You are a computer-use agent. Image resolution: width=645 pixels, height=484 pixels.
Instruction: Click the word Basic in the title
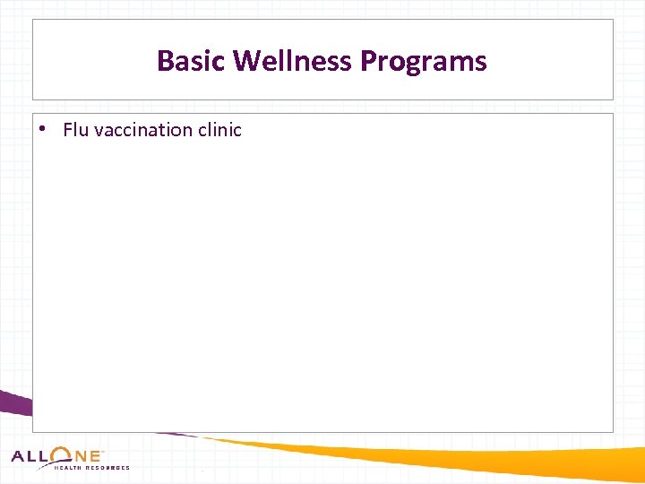pyautogui.click(x=191, y=61)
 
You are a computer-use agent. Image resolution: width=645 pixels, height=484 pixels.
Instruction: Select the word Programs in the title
pyautogui.click(x=424, y=61)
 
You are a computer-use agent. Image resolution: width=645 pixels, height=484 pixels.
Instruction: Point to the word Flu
pyautogui.click(x=75, y=130)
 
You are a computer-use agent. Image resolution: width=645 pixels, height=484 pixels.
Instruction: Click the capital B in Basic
pyautogui.click(x=165, y=61)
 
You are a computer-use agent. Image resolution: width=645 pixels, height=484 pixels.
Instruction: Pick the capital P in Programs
pyautogui.click(x=369, y=61)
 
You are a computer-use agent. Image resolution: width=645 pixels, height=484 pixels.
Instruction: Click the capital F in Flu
pyautogui.click(x=68, y=130)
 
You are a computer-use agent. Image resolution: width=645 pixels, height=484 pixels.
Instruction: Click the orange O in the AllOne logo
pyautogui.click(x=63, y=455)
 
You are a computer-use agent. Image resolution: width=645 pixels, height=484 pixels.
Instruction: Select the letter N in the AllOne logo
pyautogui.click(x=82, y=456)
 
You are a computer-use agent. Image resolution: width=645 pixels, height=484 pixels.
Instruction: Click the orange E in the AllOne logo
pyautogui.click(x=96, y=456)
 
